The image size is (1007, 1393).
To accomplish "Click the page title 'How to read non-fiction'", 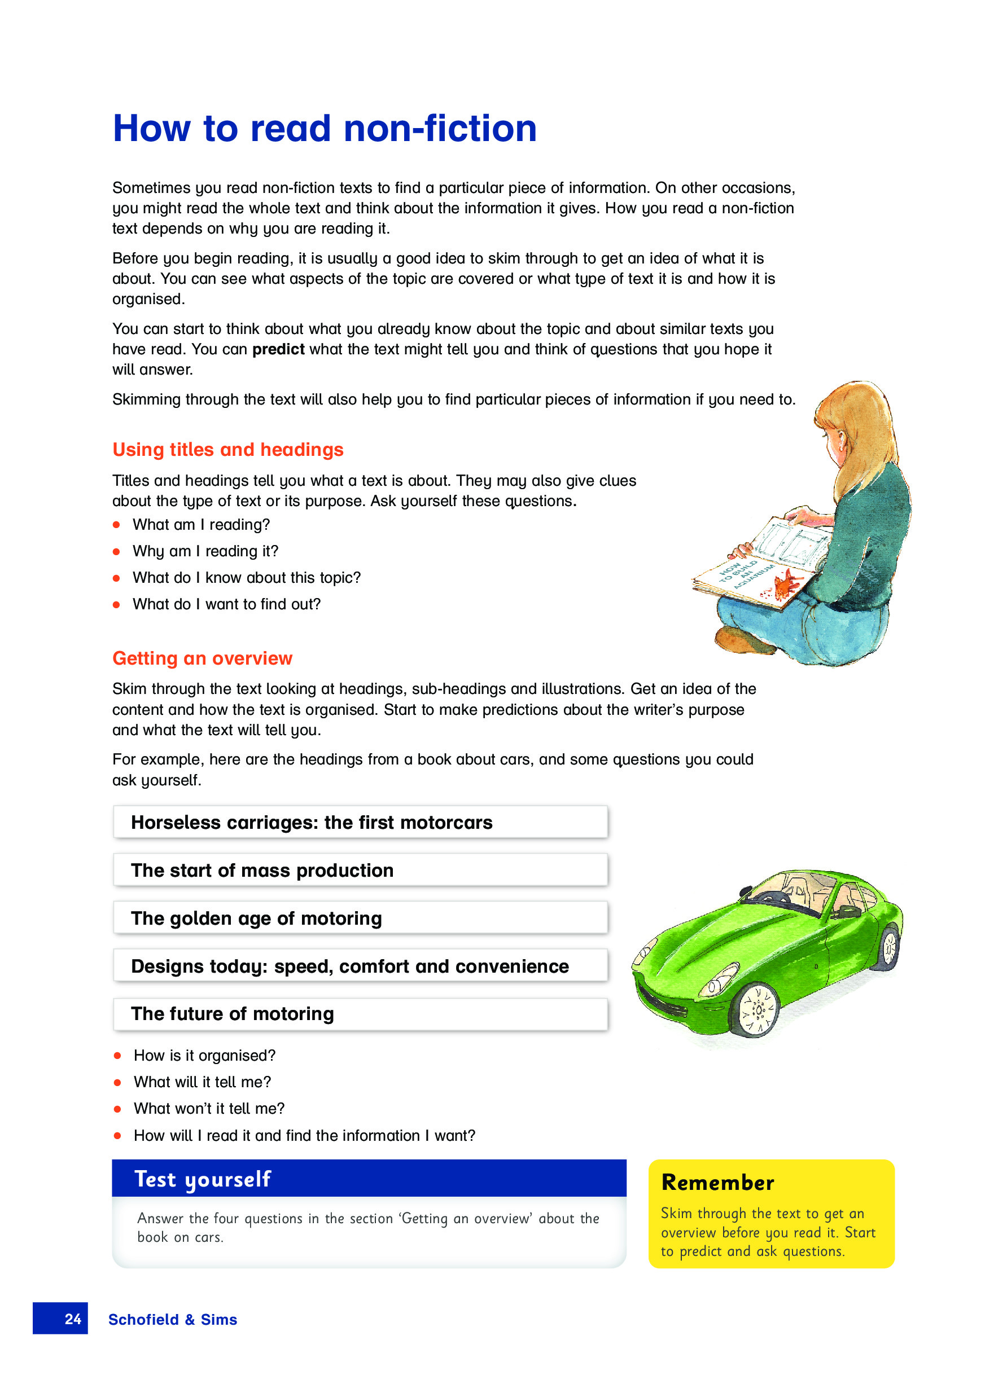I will pos(325,129).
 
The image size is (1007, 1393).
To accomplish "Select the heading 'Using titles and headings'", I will pos(227,450).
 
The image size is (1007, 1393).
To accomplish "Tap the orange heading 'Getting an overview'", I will pos(202,658).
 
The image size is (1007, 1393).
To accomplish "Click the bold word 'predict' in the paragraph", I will pos(278,349).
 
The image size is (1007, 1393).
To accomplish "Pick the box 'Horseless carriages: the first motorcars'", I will pos(360,823).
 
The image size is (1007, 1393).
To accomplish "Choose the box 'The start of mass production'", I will pos(360,871).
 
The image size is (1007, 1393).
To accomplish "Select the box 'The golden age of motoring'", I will pos(360,918).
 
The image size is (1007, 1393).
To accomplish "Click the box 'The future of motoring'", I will pos(360,1014).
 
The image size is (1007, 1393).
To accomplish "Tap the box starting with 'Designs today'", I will pos(360,966).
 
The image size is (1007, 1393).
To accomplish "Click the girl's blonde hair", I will pos(863,430).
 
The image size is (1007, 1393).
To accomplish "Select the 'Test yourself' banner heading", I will pos(202,1179).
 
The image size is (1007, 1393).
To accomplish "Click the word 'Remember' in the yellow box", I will pos(717,1183).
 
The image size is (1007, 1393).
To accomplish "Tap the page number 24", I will pos(72,1319).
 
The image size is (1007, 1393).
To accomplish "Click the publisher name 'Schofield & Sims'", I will pos(173,1320).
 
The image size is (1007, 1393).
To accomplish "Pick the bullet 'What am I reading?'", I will pos(201,525).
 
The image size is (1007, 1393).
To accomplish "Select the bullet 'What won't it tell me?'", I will pos(209,1109).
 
